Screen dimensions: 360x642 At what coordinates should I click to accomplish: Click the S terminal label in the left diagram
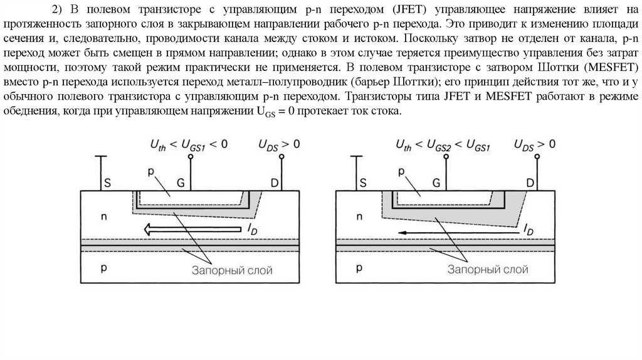coord(108,183)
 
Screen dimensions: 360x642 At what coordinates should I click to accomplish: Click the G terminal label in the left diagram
coord(181,183)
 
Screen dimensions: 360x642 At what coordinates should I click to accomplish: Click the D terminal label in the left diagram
coord(275,183)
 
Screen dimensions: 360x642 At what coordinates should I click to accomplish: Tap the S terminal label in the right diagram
coord(362,183)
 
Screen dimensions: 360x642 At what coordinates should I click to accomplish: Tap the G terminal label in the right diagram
coord(436,183)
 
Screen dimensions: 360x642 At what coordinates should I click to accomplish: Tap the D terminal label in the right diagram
coord(530,183)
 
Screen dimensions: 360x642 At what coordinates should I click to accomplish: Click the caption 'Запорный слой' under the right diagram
coord(488,270)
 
